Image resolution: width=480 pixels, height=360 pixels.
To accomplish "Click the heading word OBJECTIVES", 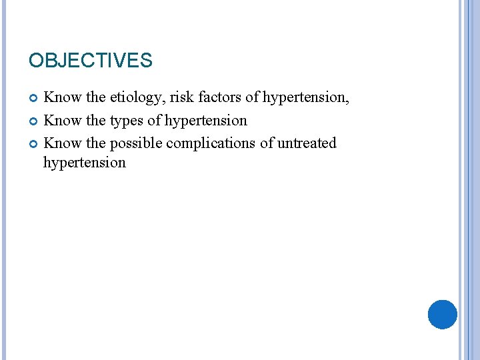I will click(90, 61).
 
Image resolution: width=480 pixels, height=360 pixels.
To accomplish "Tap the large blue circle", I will click(442, 315).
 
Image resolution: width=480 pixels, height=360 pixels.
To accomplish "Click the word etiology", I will click(137, 98).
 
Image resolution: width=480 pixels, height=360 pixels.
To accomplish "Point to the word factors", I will click(221, 98).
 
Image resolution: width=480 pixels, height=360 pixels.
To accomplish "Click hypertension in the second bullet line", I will click(205, 121).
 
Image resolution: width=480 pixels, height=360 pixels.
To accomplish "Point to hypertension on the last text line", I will click(84, 163).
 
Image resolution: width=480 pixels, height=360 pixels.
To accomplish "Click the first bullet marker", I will click(33, 99).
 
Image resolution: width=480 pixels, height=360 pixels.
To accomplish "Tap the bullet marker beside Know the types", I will click(33, 121).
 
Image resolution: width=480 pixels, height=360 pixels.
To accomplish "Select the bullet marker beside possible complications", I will click(33, 144).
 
